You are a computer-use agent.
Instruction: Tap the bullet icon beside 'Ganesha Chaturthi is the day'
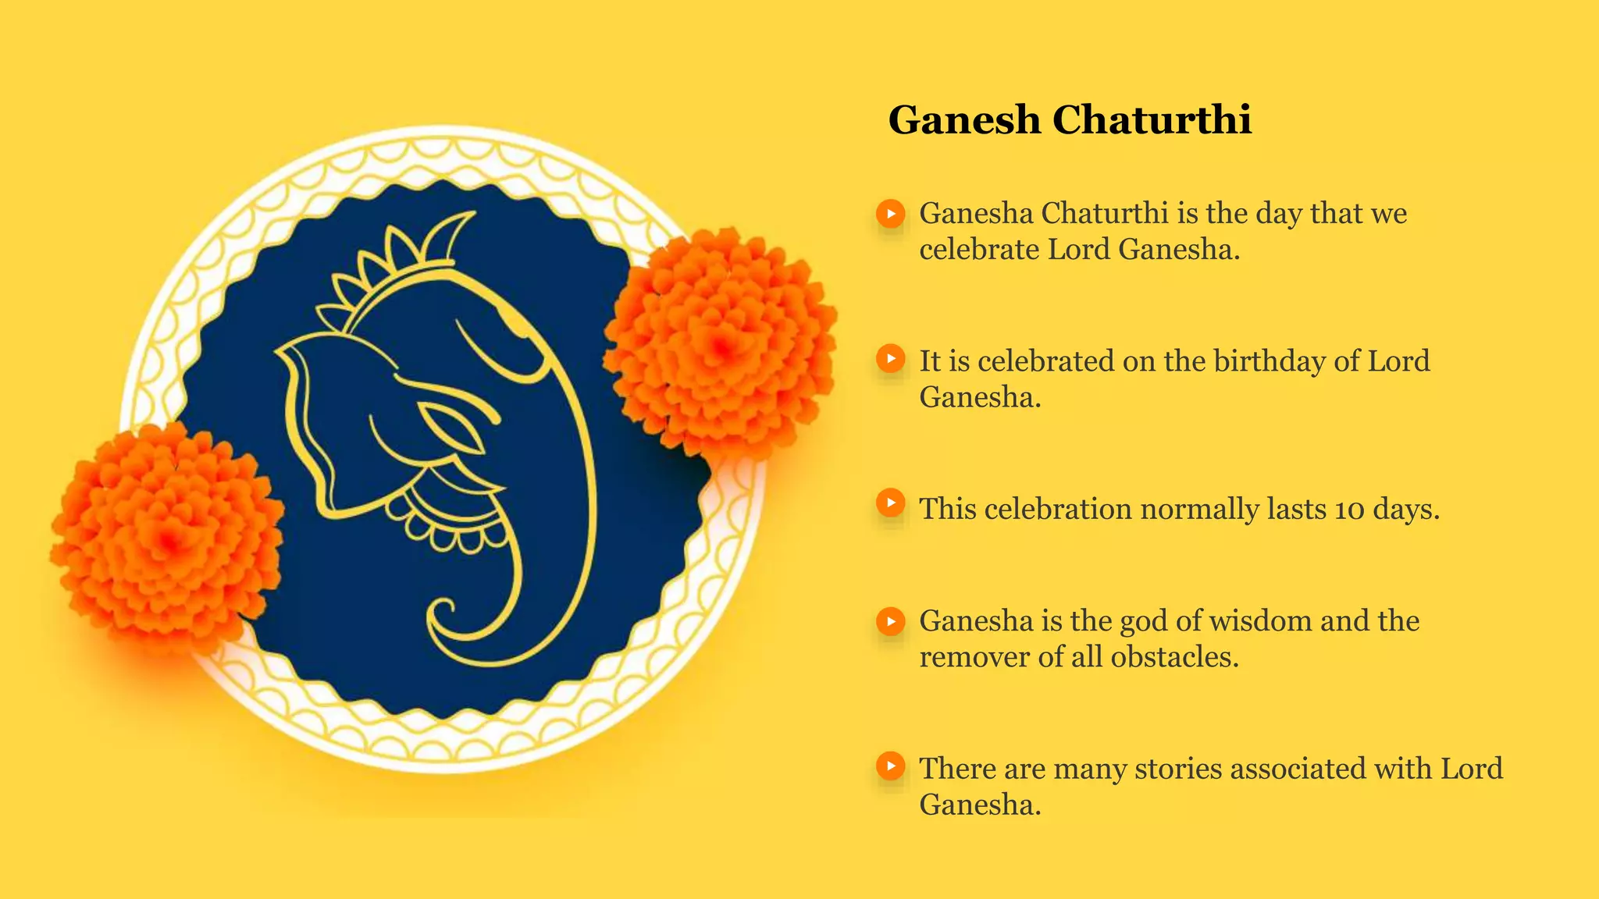pos(890,214)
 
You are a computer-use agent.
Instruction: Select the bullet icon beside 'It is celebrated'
pos(890,359)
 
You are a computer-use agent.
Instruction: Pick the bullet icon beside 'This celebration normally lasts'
pos(890,503)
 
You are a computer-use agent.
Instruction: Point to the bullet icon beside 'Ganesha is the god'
pos(890,622)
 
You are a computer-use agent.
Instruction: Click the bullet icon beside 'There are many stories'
pos(890,766)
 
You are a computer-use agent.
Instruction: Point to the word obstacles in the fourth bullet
pos(1174,657)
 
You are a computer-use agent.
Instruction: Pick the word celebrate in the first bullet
pos(978,250)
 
